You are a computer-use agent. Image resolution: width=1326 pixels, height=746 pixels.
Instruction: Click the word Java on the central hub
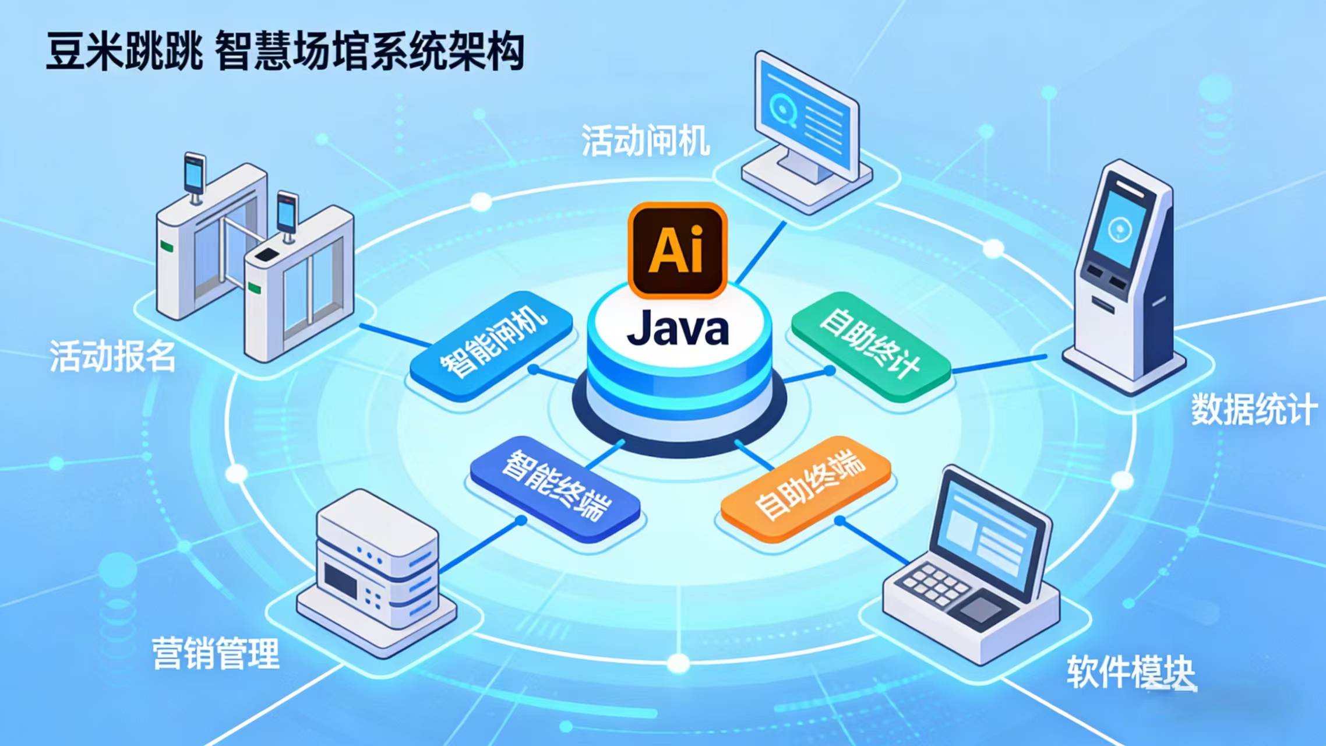click(x=678, y=329)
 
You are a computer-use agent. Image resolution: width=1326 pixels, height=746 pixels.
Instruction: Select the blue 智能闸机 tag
click(x=492, y=345)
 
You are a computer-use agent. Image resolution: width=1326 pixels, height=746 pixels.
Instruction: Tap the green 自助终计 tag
click(x=870, y=345)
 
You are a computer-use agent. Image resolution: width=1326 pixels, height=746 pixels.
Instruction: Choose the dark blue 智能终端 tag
click(x=556, y=488)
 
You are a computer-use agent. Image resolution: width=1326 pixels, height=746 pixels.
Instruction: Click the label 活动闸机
click(x=646, y=141)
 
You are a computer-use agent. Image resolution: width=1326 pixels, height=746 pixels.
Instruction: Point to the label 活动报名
click(x=112, y=356)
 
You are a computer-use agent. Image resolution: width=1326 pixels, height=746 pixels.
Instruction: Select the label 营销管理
click(x=216, y=653)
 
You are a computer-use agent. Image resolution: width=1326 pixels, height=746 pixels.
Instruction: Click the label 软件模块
click(x=1131, y=672)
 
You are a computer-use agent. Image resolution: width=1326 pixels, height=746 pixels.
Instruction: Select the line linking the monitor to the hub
click(x=760, y=252)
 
